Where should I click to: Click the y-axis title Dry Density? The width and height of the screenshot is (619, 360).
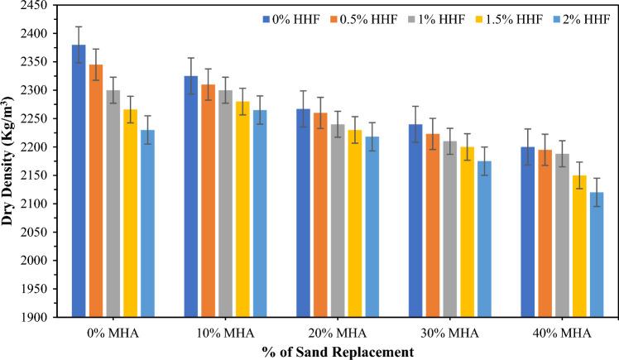click(8, 162)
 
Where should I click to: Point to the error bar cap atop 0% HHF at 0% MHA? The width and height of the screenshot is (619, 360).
click(79, 26)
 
